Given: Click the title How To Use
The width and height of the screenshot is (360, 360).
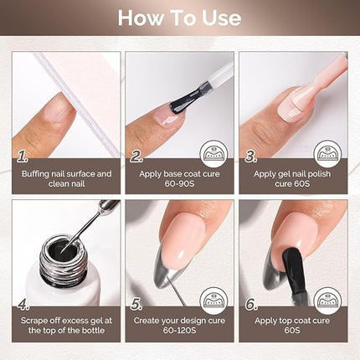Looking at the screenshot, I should (180, 18).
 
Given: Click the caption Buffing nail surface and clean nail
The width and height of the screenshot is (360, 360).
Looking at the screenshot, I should (66, 180).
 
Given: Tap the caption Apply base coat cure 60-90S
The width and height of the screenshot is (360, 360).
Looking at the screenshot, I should (180, 180).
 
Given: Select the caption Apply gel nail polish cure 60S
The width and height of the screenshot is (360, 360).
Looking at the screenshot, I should (293, 180).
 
